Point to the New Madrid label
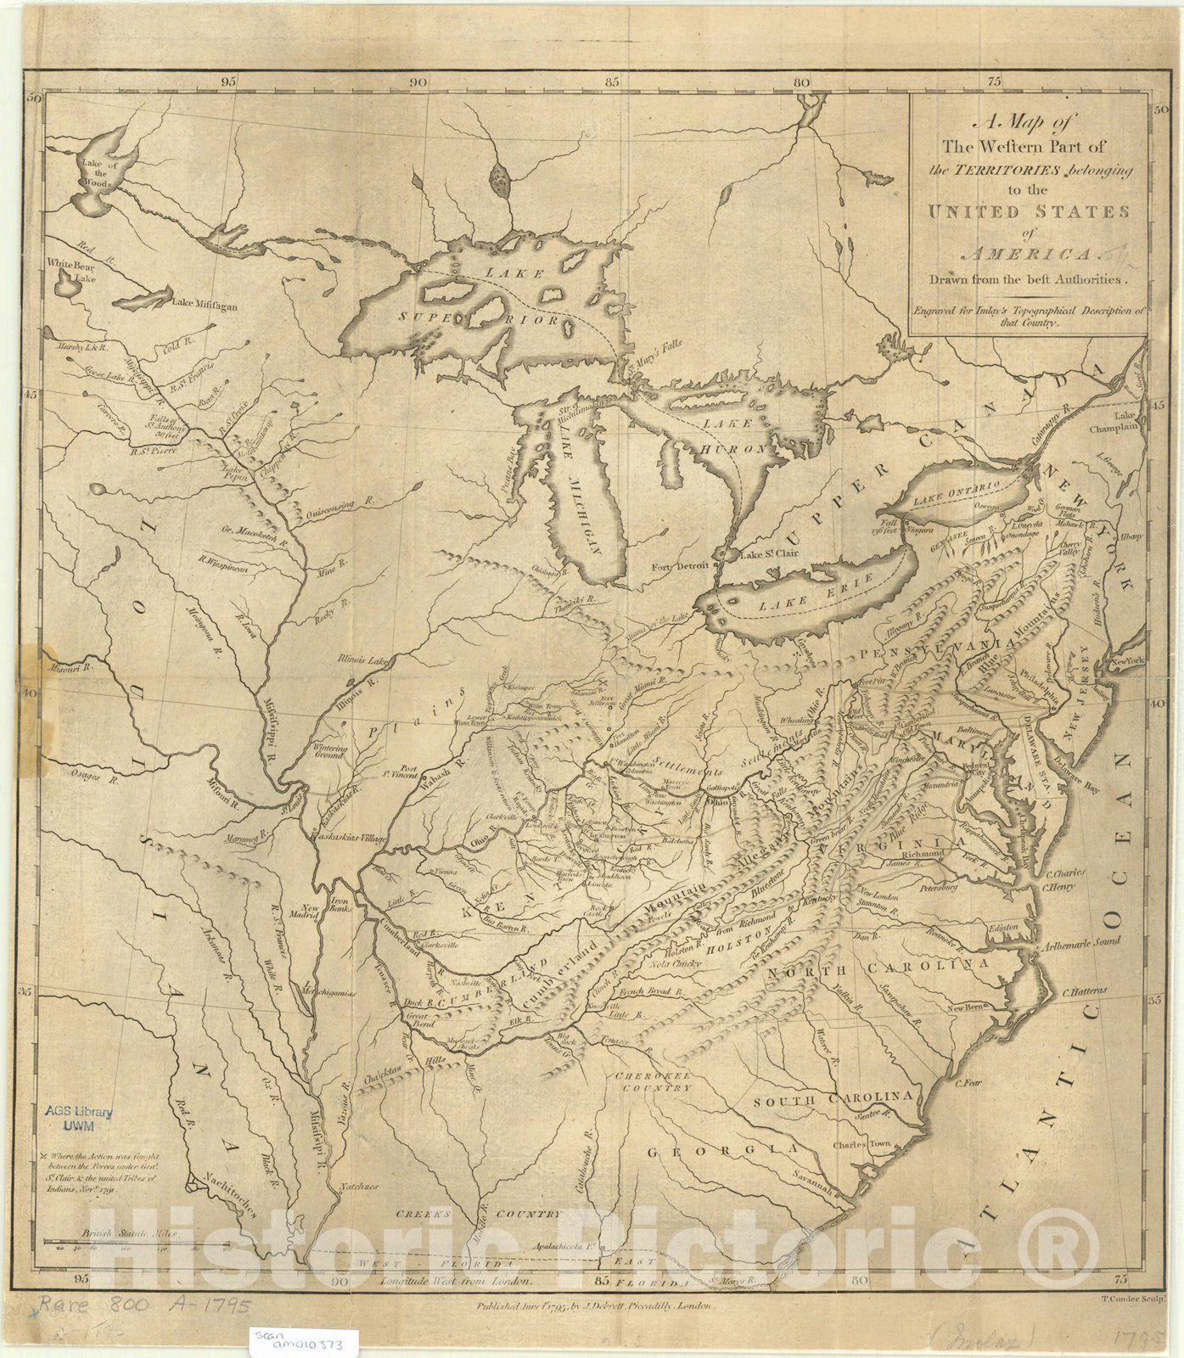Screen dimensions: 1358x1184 [305, 911]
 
